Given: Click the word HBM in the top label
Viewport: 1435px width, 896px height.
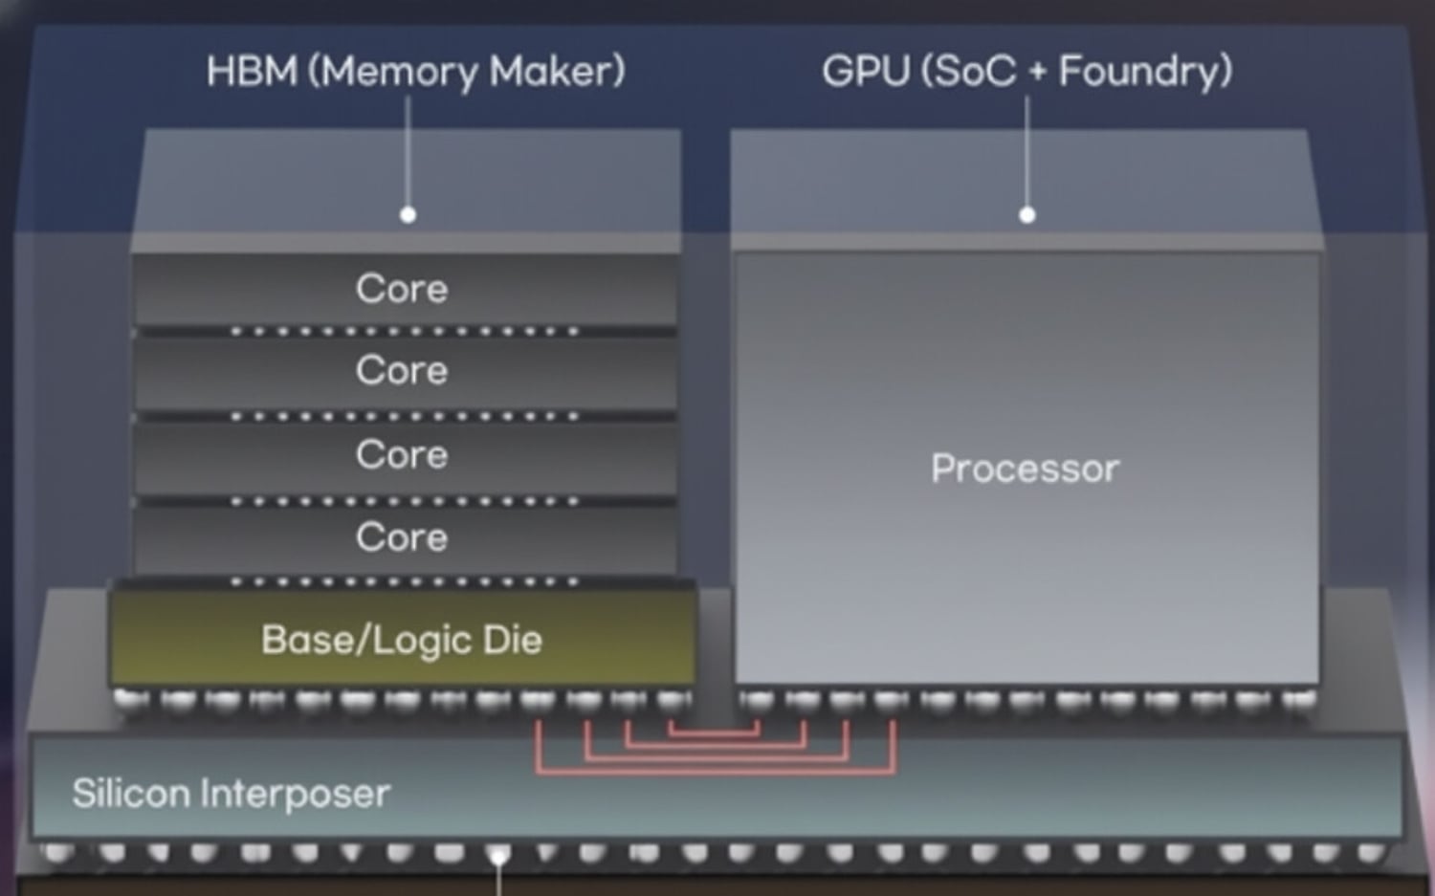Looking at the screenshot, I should (x=252, y=72).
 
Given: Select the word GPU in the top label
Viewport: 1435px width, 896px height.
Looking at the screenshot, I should (x=865, y=72).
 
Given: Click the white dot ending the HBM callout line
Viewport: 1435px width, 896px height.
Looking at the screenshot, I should (x=408, y=215).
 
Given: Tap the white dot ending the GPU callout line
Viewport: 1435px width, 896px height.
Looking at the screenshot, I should (x=1027, y=215).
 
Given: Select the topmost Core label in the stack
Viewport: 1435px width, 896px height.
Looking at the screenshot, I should (x=402, y=289).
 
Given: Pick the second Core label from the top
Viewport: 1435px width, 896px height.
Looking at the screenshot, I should (x=402, y=371).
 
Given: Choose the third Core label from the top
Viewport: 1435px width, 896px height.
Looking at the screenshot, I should (x=402, y=455).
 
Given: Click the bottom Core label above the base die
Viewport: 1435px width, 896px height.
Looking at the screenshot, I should (x=402, y=538).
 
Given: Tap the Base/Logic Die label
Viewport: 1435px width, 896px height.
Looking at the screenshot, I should (x=402, y=640).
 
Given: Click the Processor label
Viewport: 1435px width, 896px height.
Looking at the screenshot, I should (x=1025, y=469).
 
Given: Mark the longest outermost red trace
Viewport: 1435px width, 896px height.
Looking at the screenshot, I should (x=715, y=771).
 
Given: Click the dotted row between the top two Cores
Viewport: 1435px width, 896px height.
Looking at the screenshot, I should (x=405, y=332).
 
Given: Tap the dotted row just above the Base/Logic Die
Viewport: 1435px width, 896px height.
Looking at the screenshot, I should (x=405, y=581).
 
